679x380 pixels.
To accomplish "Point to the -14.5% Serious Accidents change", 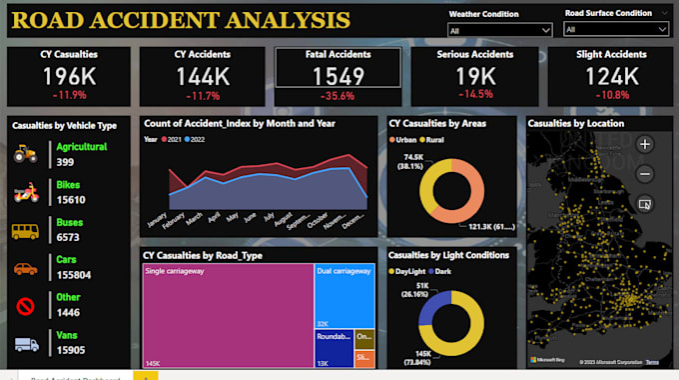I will pos(474,95).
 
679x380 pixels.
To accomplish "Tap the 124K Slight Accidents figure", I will pos(610,76).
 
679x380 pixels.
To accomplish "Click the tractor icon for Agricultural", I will pos(26,153).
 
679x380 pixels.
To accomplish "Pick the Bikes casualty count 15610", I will pos(71,200).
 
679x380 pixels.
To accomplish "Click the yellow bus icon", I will pos(26,231).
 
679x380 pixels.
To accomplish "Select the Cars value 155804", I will pos(74,275).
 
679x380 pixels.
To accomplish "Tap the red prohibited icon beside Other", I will pos(26,306).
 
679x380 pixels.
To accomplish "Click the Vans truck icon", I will pos(26,344).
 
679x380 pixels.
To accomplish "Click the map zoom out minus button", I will pos(645,173).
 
